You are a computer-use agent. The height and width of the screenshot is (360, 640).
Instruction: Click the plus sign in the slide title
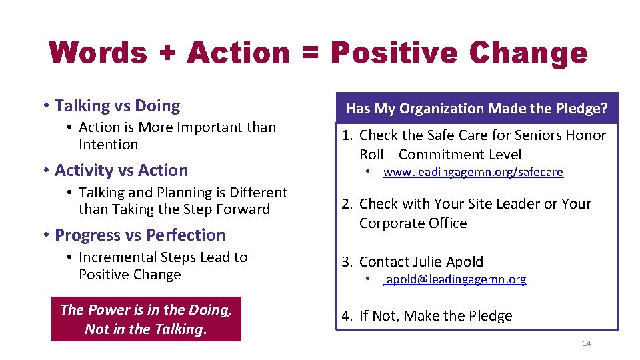pyautogui.click(x=167, y=53)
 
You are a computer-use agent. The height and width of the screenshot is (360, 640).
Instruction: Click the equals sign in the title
pyautogui.click(x=310, y=53)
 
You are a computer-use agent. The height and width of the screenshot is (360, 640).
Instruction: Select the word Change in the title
pyautogui.click(x=529, y=53)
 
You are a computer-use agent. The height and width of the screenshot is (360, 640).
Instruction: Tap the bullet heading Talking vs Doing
pyautogui.click(x=117, y=106)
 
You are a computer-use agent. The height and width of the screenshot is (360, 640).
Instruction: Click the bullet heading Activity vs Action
pyautogui.click(x=121, y=171)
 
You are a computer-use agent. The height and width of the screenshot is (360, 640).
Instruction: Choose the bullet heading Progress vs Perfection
pyautogui.click(x=140, y=235)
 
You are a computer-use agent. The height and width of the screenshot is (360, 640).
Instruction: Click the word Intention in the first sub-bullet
pyautogui.click(x=109, y=145)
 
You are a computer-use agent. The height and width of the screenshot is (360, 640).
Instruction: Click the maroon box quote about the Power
pyautogui.click(x=146, y=319)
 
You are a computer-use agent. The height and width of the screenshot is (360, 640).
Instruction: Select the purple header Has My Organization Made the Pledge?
pyautogui.click(x=477, y=109)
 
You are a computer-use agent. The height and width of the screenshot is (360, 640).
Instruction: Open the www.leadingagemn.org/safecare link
pyautogui.click(x=473, y=173)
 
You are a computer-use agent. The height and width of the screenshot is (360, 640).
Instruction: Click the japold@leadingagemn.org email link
pyautogui.click(x=454, y=280)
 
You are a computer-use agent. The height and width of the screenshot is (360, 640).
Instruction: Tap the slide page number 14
pyautogui.click(x=587, y=343)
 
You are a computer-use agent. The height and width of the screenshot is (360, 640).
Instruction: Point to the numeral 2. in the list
pyautogui.click(x=347, y=204)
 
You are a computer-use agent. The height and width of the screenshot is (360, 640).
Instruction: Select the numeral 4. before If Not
pyautogui.click(x=347, y=316)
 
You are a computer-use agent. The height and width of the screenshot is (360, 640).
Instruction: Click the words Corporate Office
pyautogui.click(x=413, y=223)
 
